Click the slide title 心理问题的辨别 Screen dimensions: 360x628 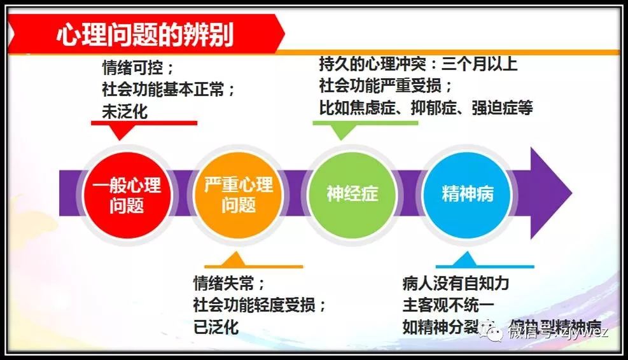coord(145,34)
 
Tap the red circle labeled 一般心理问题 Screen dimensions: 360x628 coord(127,195)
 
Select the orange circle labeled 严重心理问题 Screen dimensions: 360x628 coord(239,195)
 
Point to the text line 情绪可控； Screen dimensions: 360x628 coord(137,67)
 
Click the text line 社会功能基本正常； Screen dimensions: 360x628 coord(169,88)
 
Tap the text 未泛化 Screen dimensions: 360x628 coord(125,111)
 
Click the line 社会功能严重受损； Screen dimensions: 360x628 coord(388,85)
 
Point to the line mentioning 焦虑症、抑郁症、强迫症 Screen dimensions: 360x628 coord(426,107)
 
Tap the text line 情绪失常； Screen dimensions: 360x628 coord(229,283)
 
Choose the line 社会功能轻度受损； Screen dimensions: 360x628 coord(260,305)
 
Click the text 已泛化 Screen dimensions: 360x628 coord(216,327)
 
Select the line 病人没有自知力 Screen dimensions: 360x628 coord(456,283)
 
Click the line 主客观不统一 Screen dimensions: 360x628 coord(448,305)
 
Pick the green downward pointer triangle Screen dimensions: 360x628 coord(343,130)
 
